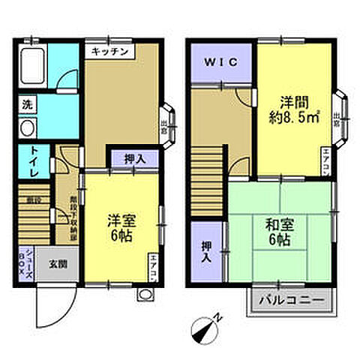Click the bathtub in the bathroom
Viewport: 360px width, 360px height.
pos(33,68)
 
